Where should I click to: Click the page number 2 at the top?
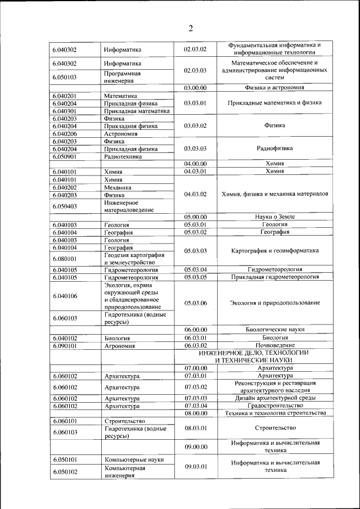pyautogui.click(x=191, y=29)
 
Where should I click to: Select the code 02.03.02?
pyautogui.click(x=195, y=49)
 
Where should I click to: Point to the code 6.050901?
pyautogui.click(x=65, y=157)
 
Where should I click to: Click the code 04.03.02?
pyautogui.click(x=195, y=194)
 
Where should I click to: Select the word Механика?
pyautogui.click(x=118, y=187)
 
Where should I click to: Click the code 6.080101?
pyautogui.click(x=65, y=259)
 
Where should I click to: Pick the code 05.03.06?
pyautogui.click(x=195, y=303)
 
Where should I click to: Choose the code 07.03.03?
pyautogui.click(x=195, y=398)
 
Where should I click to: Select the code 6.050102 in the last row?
pyautogui.click(x=65, y=471)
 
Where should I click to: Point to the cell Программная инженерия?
pyautogui.click(x=122, y=76)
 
